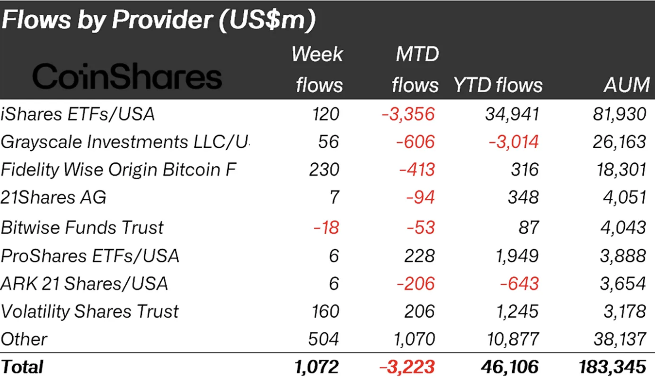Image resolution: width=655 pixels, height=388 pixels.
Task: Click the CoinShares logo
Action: point(127,77)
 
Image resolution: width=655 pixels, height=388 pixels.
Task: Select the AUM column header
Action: point(626,85)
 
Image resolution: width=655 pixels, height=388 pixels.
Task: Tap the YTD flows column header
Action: point(498,85)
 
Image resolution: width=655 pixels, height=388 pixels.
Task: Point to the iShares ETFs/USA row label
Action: point(78,114)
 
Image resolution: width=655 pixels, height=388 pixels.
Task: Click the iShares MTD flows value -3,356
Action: point(408,114)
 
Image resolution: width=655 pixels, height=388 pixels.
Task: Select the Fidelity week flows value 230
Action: point(324,170)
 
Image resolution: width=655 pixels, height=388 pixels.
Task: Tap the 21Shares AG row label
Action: point(54,197)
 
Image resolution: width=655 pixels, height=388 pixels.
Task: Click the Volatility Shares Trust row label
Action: point(90,311)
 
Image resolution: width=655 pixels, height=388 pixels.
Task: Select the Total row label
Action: point(22,367)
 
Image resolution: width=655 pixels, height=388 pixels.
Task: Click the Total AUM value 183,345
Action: point(613,367)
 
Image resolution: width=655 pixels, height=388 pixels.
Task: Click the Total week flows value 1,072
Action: point(317,367)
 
